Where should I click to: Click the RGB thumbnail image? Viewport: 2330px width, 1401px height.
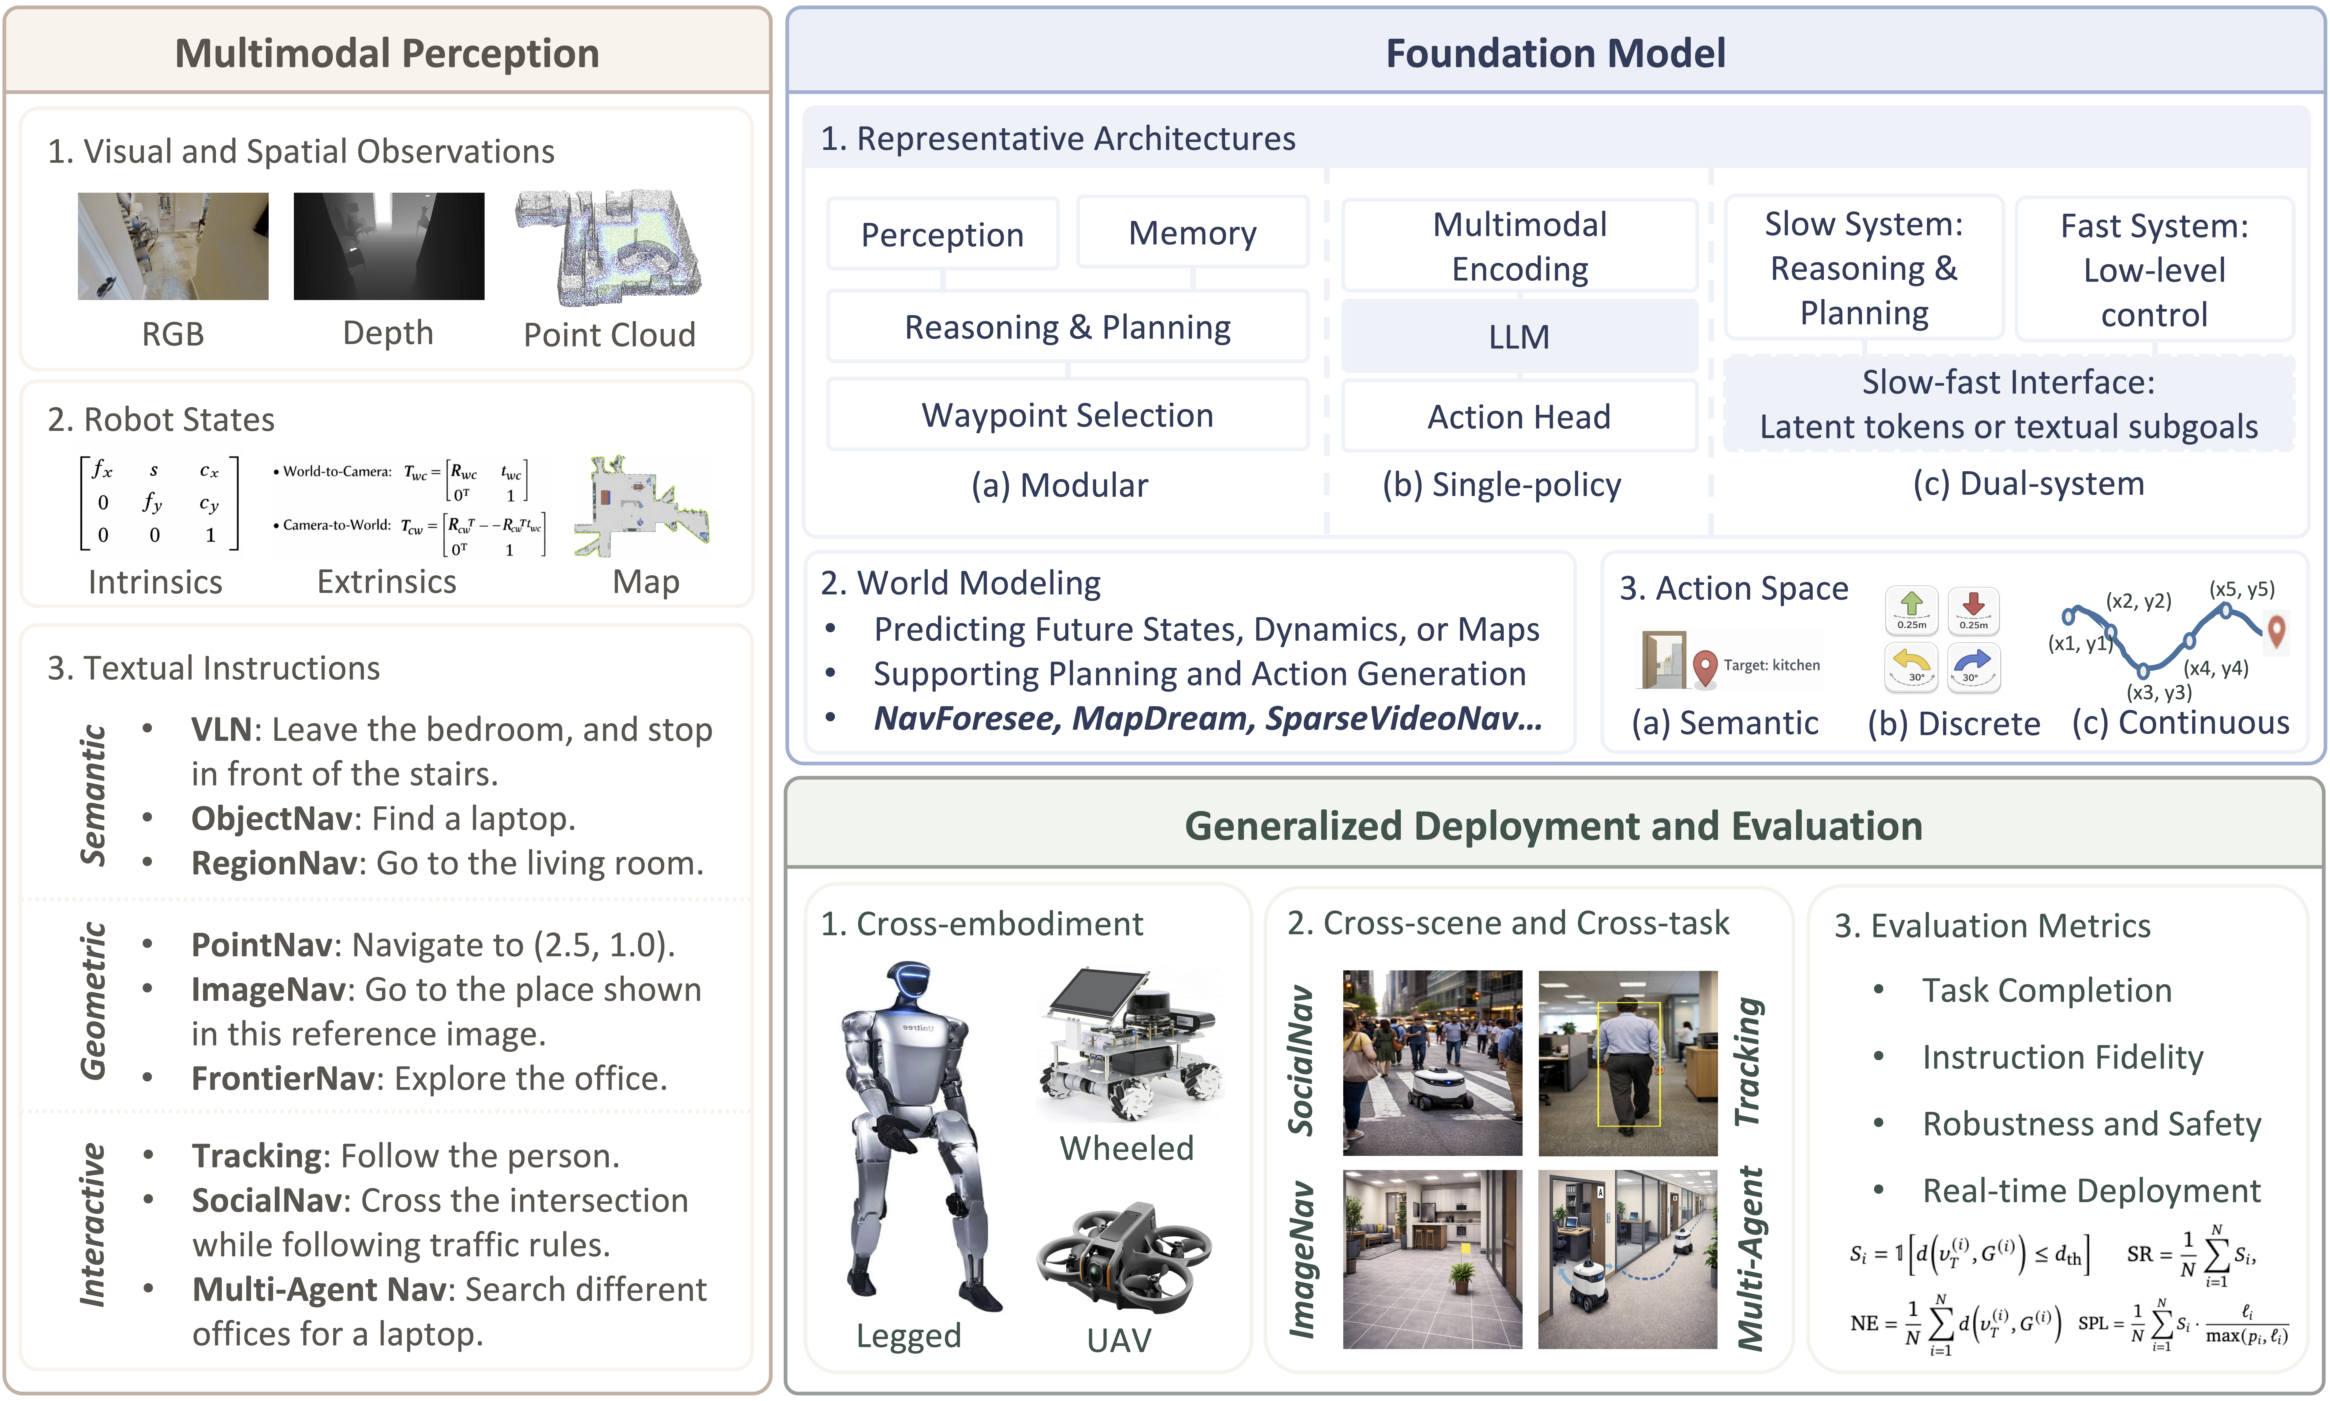(x=173, y=246)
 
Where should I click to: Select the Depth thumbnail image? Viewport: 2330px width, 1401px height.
(x=389, y=246)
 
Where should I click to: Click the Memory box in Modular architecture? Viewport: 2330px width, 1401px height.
(x=1192, y=233)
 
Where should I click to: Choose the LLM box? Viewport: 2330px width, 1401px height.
(x=1519, y=336)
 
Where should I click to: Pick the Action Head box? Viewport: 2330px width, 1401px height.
(x=1519, y=416)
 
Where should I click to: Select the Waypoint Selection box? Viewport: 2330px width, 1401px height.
(x=1068, y=415)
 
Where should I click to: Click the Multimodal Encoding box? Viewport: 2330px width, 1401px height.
(x=1519, y=246)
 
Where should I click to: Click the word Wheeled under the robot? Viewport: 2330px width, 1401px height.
(x=1126, y=1148)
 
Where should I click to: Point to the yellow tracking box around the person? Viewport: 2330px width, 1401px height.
(x=1628, y=1064)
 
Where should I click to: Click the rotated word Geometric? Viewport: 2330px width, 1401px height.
(x=93, y=1001)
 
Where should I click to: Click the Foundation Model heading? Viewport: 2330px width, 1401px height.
(x=1555, y=53)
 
